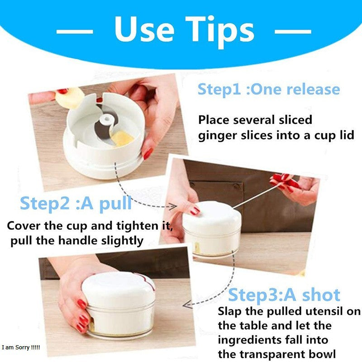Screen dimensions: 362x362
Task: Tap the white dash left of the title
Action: tap(75, 32)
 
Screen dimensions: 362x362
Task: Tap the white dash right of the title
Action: tap(293, 32)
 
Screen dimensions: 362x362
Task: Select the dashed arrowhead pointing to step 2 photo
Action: tap(172, 206)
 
